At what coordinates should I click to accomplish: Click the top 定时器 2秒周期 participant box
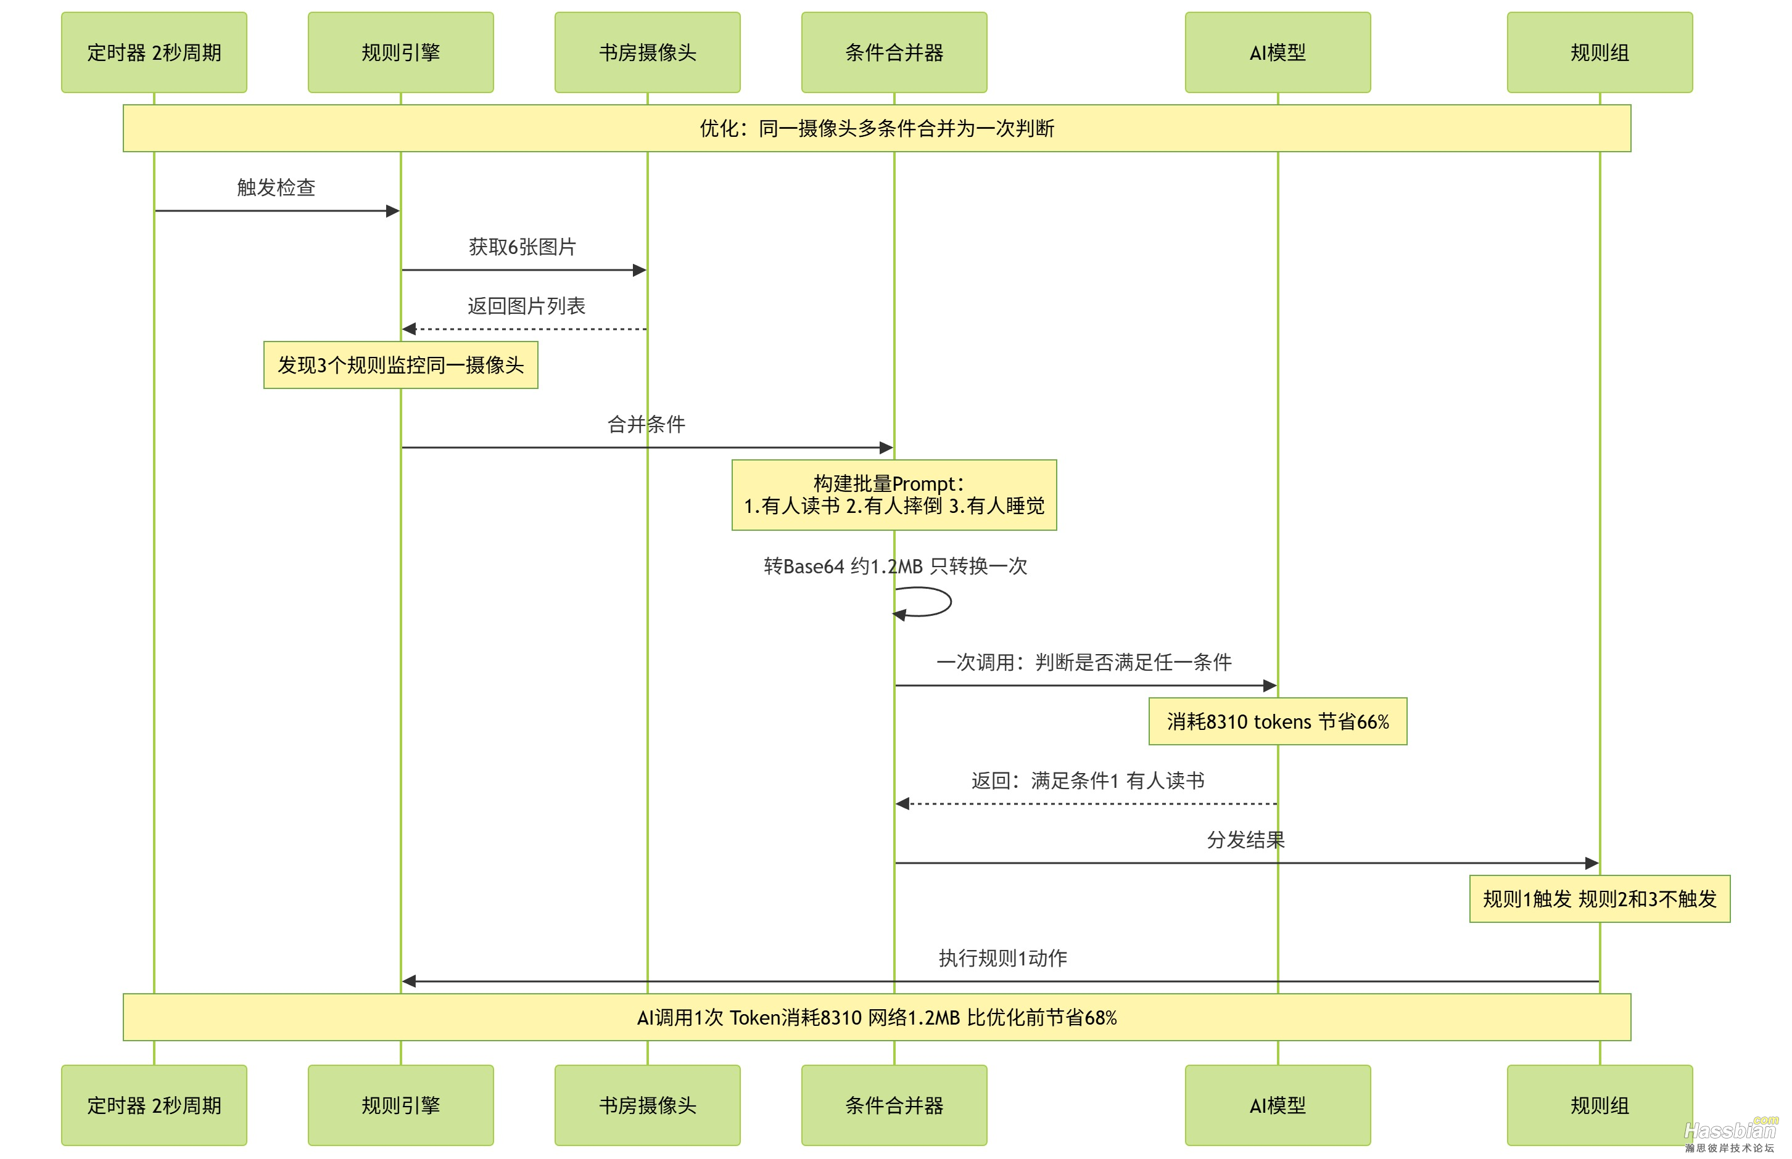click(154, 52)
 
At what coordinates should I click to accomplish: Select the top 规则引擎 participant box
click(400, 52)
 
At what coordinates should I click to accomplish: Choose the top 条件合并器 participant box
click(894, 52)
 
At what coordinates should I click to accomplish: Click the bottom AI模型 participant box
click(1277, 1105)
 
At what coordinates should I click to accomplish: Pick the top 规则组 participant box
click(1600, 52)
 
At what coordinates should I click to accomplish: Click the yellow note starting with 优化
click(877, 129)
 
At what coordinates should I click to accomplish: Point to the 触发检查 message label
click(276, 187)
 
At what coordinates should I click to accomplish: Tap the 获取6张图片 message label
click(522, 247)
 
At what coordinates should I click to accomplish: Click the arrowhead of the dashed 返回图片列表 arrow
click(410, 329)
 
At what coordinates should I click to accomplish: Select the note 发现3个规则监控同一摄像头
click(400, 365)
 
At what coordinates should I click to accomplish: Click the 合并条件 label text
click(646, 425)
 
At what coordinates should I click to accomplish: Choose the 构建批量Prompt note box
click(894, 495)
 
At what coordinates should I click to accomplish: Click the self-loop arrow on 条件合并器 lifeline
click(934, 602)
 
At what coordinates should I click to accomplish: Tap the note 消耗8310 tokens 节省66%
click(1277, 722)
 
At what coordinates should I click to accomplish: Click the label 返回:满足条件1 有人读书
click(1088, 780)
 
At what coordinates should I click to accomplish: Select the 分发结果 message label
click(1245, 840)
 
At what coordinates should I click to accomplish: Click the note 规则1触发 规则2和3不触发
click(1600, 899)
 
